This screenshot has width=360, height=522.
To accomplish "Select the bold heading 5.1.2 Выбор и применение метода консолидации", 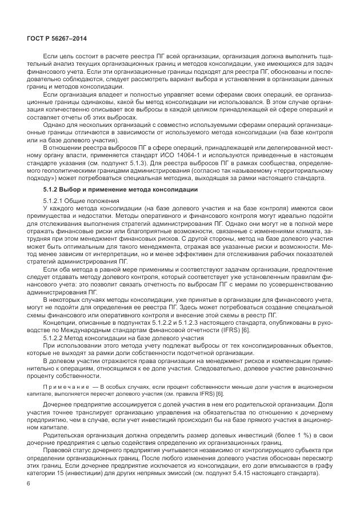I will pos(121,189).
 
